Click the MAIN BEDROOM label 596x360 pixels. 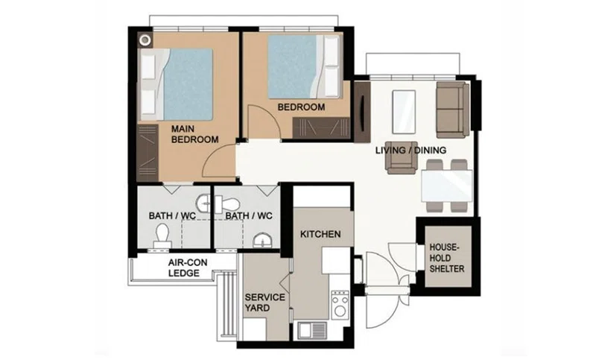pyautogui.click(x=194, y=134)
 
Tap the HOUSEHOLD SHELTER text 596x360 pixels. pyautogui.click(x=446, y=258)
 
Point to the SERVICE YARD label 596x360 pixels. pyautogui.click(x=264, y=302)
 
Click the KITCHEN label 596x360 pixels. pyautogui.click(x=320, y=234)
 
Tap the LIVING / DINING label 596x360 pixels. pyautogui.click(x=411, y=150)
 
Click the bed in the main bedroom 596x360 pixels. pyautogui.click(x=175, y=84)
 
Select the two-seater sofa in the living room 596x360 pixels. pyautogui.click(x=452, y=110)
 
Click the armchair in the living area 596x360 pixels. pyautogui.click(x=402, y=157)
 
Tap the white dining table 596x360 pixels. pyautogui.click(x=446, y=186)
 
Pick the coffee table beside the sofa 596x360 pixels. pyautogui.click(x=403, y=112)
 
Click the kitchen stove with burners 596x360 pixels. pyautogui.click(x=340, y=305)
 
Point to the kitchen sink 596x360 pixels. pyautogui.click(x=312, y=330)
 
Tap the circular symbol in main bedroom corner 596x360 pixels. pyautogui.click(x=145, y=40)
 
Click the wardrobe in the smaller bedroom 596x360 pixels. pyautogui.click(x=321, y=127)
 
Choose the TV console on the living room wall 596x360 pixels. pyautogui.click(x=362, y=112)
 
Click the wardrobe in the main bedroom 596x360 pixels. pyautogui.click(x=147, y=153)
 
